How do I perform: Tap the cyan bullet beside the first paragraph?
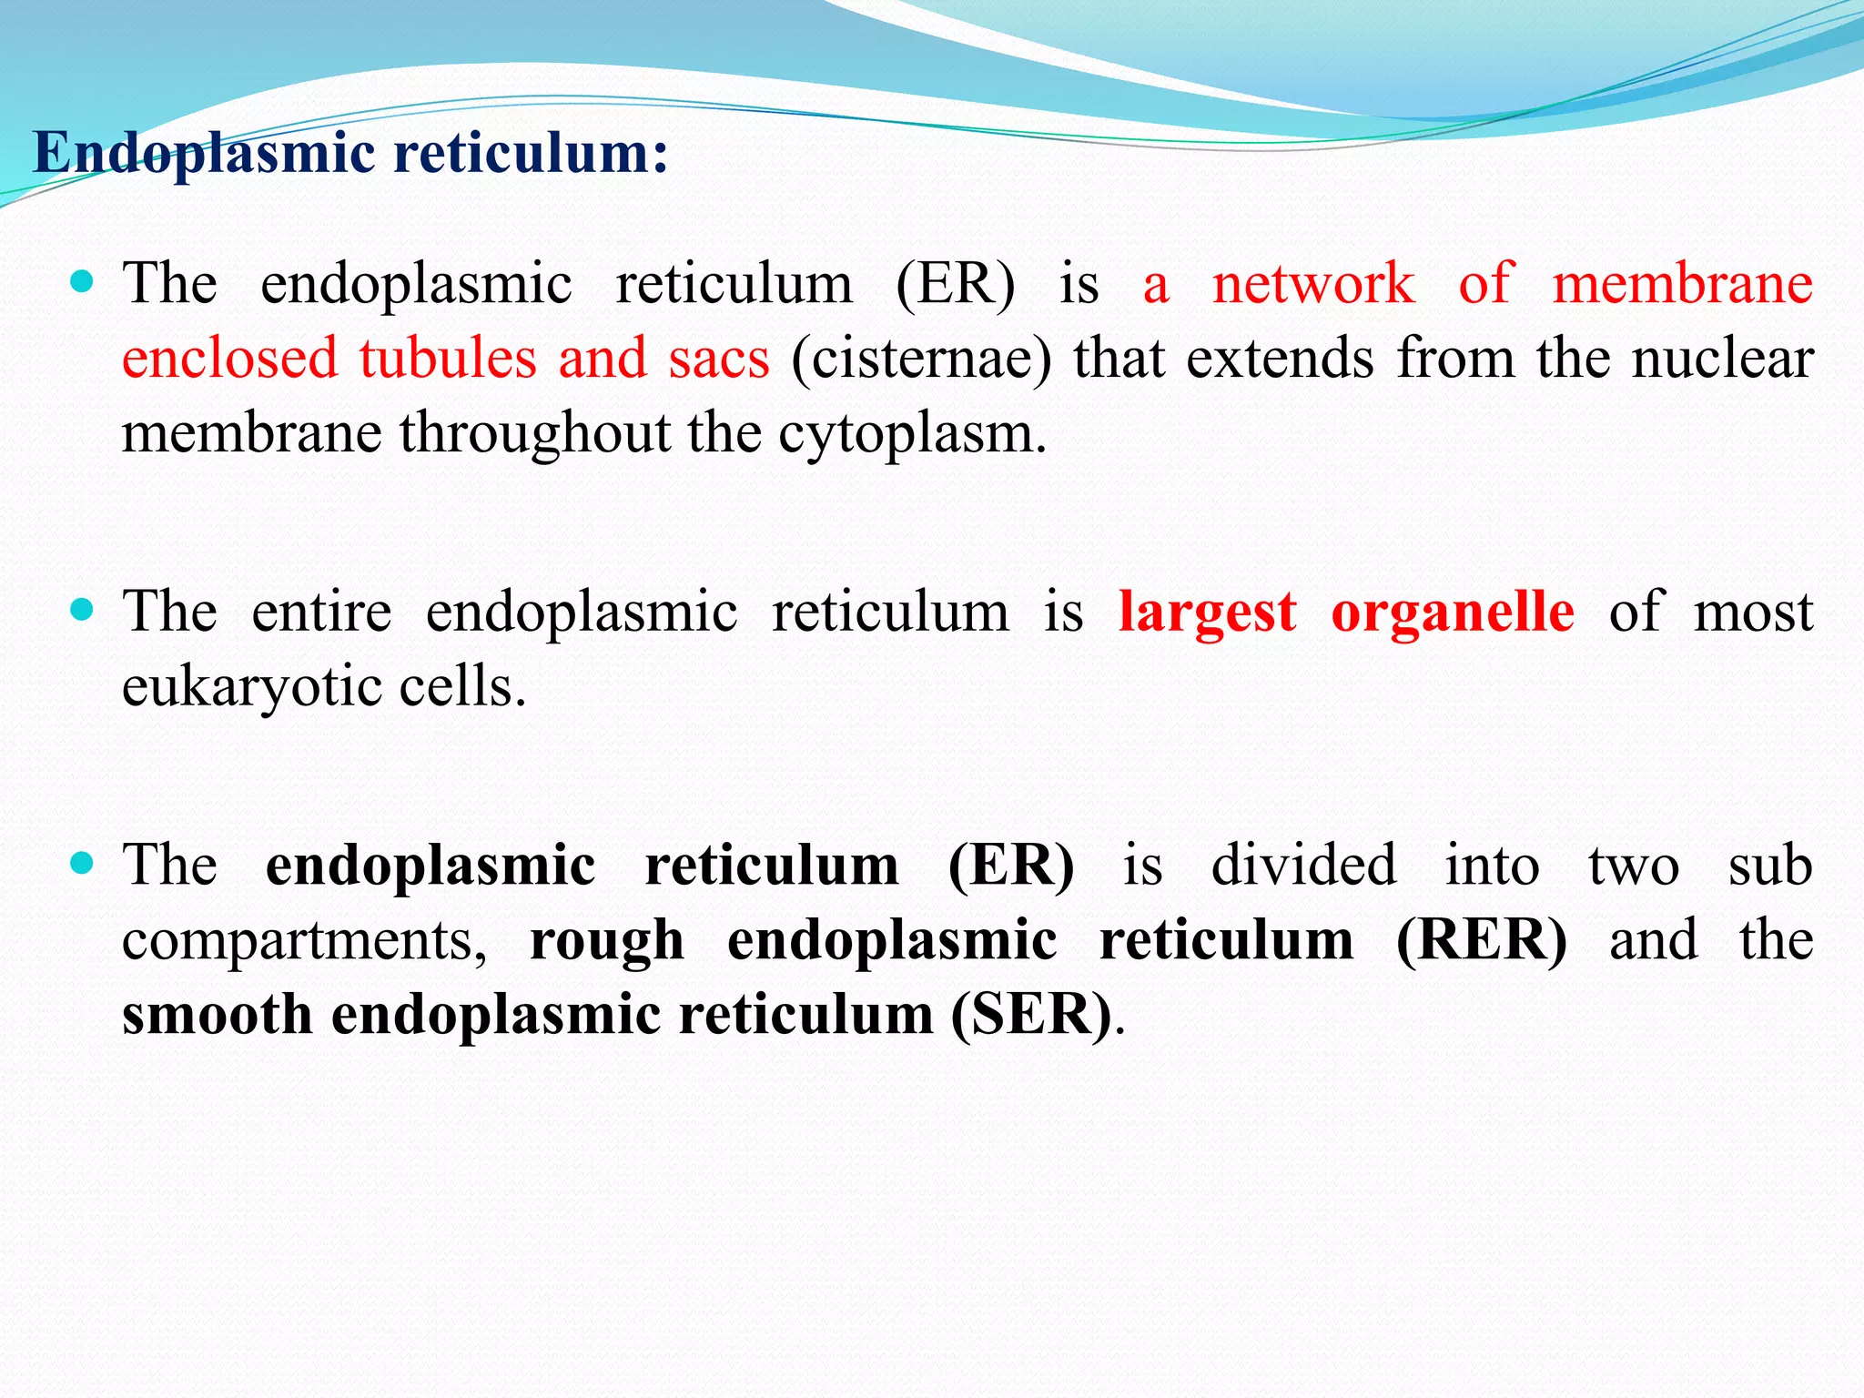82,281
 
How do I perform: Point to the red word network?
1312,284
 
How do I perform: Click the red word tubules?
447,359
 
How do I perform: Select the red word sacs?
719,359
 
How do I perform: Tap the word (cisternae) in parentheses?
920,359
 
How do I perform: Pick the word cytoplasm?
911,434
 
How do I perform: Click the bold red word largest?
1207,613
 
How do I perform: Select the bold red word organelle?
1452,613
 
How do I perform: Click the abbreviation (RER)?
1481,940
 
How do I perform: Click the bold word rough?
606,942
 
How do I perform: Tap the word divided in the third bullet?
1302,866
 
